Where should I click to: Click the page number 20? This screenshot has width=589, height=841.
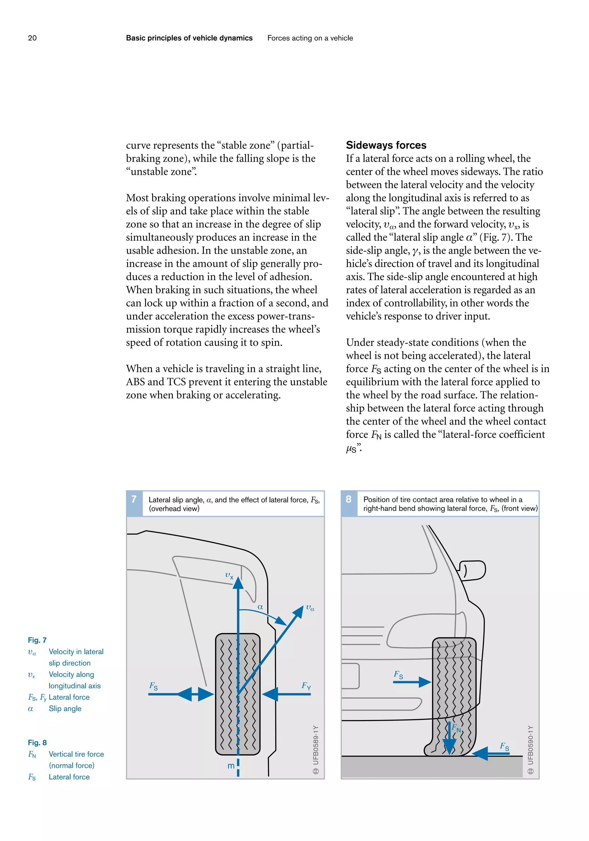tap(32, 38)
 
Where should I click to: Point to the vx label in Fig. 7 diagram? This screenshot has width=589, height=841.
tap(229, 575)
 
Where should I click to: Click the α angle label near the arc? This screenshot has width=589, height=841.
tap(260, 607)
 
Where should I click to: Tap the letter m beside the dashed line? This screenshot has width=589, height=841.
tap(231, 766)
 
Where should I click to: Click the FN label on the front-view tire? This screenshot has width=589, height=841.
tap(456, 728)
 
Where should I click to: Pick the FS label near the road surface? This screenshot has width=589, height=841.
tap(504, 746)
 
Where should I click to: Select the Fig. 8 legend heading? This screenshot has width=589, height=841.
tap(37, 742)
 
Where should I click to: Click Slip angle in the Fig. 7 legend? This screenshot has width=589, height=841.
tap(65, 708)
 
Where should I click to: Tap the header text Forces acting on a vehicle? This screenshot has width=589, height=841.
tap(310, 38)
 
